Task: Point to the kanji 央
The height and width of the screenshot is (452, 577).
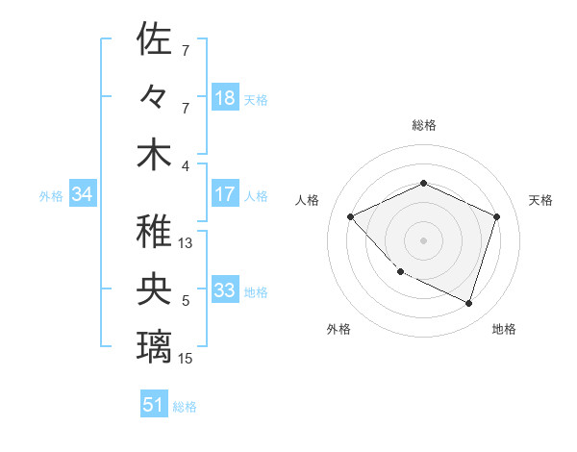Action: [x=154, y=289]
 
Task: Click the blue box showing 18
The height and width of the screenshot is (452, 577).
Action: [x=225, y=97]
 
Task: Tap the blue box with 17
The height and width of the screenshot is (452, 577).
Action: [x=225, y=194]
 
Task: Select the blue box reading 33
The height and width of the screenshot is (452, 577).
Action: [x=225, y=290]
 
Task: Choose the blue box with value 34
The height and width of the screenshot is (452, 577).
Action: [x=83, y=194]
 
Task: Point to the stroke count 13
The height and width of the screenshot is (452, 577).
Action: [x=187, y=243]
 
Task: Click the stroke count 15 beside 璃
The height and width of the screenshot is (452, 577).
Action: [x=187, y=359]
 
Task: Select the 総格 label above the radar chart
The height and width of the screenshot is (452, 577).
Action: [x=424, y=125]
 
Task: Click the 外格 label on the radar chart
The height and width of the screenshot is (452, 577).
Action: [x=339, y=329]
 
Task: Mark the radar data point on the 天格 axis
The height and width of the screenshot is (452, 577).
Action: [x=496, y=216]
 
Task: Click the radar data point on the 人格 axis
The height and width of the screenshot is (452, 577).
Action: [x=351, y=216]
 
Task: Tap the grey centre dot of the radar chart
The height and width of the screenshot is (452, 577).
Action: [x=424, y=239]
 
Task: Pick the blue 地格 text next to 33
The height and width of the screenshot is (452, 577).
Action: [x=256, y=291]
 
